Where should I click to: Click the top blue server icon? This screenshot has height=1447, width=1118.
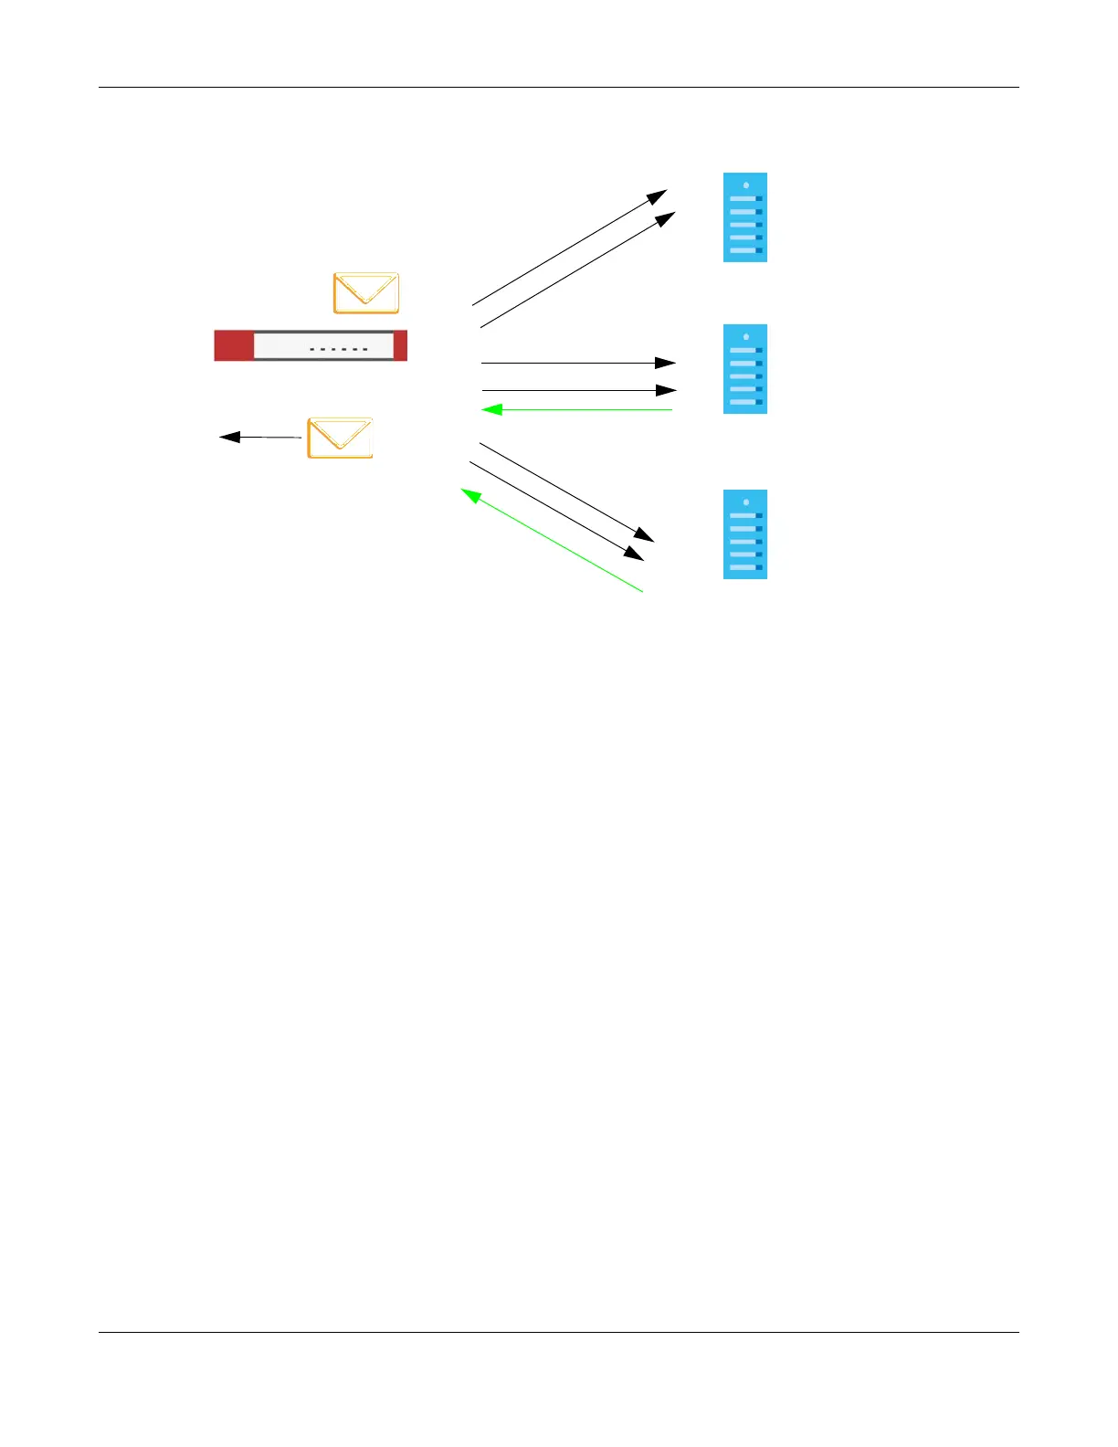(744, 217)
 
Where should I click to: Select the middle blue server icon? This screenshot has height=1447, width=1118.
(744, 369)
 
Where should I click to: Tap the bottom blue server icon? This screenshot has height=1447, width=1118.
(744, 534)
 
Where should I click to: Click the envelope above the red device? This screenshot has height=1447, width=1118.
(365, 292)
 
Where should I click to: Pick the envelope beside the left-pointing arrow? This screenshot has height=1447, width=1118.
(340, 438)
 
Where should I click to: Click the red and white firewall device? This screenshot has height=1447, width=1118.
(311, 346)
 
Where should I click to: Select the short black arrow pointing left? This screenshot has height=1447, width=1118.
(260, 438)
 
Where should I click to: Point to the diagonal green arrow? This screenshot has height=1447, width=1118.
(553, 540)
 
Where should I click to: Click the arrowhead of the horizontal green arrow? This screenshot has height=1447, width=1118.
(491, 409)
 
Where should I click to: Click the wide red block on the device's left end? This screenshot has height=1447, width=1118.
(233, 346)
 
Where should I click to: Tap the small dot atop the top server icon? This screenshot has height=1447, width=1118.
(746, 185)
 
